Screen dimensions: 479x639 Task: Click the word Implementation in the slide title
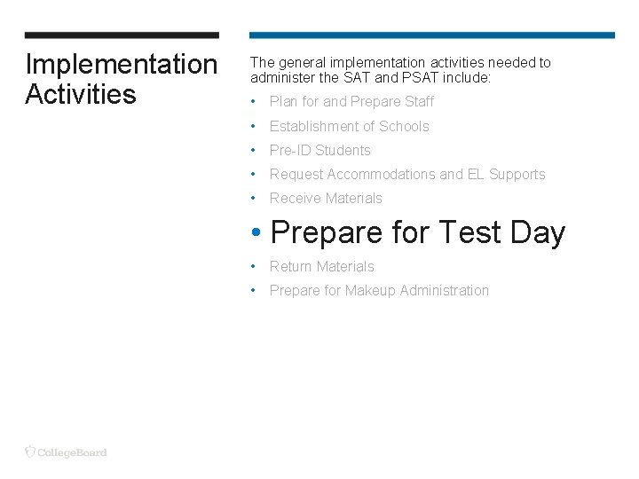[121, 65]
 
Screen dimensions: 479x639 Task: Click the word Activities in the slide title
[81, 94]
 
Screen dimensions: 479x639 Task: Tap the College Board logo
[67, 452]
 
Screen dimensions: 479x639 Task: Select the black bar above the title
[122, 35]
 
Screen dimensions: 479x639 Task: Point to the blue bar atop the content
[431, 35]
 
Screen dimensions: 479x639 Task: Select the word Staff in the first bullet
[419, 102]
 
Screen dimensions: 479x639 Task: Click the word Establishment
[312, 127]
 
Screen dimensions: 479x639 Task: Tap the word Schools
[404, 127]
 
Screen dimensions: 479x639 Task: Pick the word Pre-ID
[290, 151]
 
